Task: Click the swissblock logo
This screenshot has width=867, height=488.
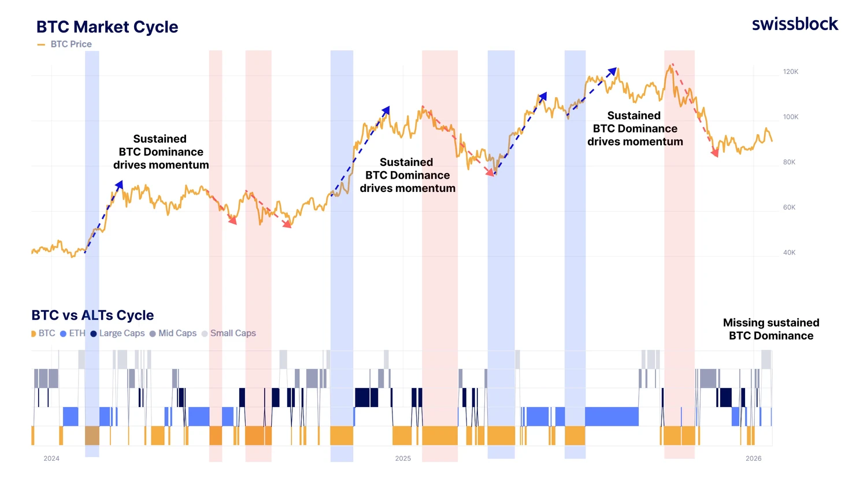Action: [x=795, y=24]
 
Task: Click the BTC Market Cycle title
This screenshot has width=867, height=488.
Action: [x=107, y=27]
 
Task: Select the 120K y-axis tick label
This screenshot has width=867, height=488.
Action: [x=790, y=72]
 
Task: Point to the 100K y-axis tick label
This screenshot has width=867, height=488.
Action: [x=790, y=117]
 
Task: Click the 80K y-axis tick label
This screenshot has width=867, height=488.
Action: [x=789, y=162]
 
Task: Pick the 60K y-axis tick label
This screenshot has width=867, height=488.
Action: [x=789, y=207]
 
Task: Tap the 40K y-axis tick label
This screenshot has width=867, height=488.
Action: [x=789, y=252]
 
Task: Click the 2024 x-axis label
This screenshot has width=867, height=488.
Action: [x=51, y=459]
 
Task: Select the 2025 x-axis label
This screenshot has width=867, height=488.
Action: [x=403, y=459]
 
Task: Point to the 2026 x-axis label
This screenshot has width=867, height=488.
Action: [x=753, y=459]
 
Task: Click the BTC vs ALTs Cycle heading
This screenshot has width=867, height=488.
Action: [x=92, y=315]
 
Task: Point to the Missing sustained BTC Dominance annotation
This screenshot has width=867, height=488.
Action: [x=770, y=329]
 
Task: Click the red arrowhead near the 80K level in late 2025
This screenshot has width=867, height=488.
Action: [x=715, y=153]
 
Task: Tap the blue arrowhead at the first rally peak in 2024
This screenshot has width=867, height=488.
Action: [x=120, y=184]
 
